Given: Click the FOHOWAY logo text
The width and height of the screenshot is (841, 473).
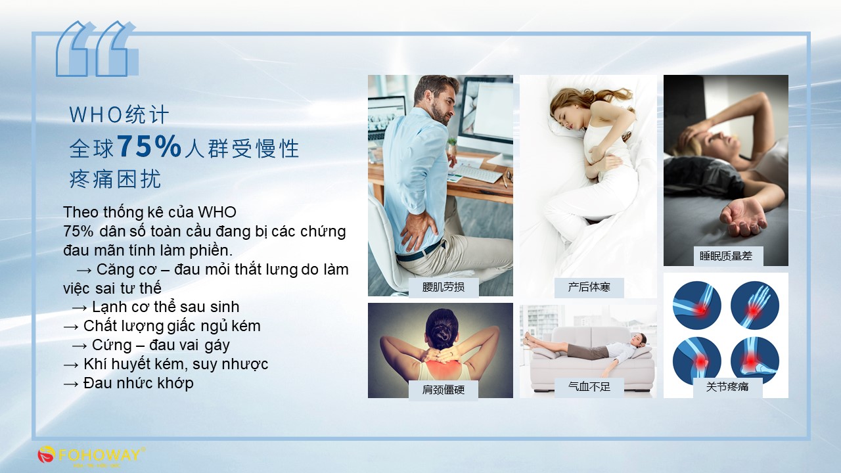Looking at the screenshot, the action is click(x=99, y=455).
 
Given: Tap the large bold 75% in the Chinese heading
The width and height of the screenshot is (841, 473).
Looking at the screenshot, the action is click(x=149, y=146).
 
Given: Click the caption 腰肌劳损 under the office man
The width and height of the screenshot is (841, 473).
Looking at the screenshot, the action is click(x=443, y=287).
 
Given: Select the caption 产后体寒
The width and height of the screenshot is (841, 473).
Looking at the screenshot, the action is click(x=589, y=287).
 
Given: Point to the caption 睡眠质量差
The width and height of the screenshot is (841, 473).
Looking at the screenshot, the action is click(x=726, y=256).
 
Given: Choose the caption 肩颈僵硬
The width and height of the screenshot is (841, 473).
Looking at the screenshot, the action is click(x=443, y=390).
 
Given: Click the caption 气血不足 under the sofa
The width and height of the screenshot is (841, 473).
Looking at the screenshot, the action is click(x=589, y=387).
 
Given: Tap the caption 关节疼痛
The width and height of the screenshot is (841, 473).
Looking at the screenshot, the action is click(x=727, y=387).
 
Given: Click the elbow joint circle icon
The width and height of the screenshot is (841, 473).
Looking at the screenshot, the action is click(x=696, y=305).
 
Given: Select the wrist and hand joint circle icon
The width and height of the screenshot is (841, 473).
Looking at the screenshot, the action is click(x=755, y=305).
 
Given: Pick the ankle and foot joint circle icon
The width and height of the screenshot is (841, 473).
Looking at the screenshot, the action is click(x=755, y=361).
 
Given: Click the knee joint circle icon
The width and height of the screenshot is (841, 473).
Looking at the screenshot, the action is click(x=696, y=361).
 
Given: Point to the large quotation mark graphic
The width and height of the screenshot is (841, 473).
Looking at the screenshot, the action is click(x=97, y=49).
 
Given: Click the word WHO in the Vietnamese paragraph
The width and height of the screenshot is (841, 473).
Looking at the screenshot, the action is click(x=217, y=212).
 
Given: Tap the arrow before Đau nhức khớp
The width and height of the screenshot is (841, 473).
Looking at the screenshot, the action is click(x=71, y=384).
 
